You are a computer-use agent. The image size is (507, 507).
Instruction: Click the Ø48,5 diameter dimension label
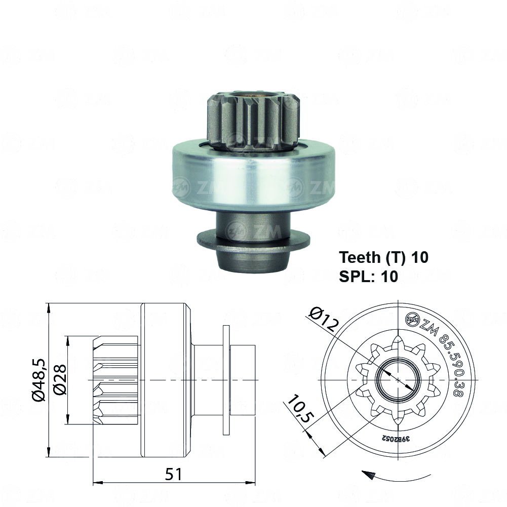click(39, 380)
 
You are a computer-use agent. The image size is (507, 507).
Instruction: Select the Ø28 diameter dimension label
click(59, 380)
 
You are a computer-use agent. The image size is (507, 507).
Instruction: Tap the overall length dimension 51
click(174, 474)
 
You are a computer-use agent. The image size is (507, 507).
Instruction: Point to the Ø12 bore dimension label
click(322, 320)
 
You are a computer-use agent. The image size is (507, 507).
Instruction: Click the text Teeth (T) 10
click(383, 257)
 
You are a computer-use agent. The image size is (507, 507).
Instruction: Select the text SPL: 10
click(368, 277)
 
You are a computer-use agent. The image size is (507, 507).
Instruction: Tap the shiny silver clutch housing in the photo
click(253, 175)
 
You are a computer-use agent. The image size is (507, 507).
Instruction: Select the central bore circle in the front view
click(399, 379)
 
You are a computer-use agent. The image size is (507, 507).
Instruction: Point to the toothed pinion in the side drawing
click(115, 380)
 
